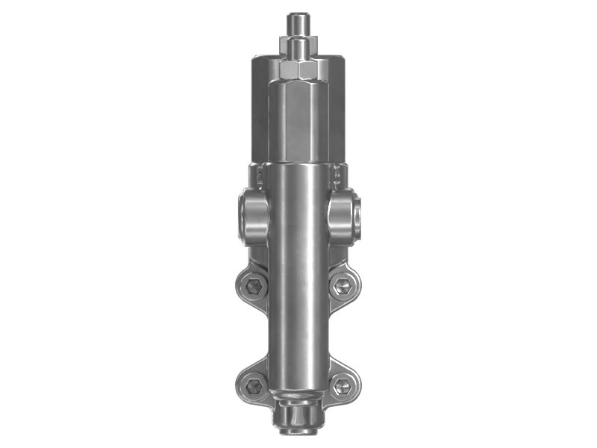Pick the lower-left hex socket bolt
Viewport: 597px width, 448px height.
254,386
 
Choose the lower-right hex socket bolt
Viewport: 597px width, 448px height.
343,386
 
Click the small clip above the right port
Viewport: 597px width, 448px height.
338,176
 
